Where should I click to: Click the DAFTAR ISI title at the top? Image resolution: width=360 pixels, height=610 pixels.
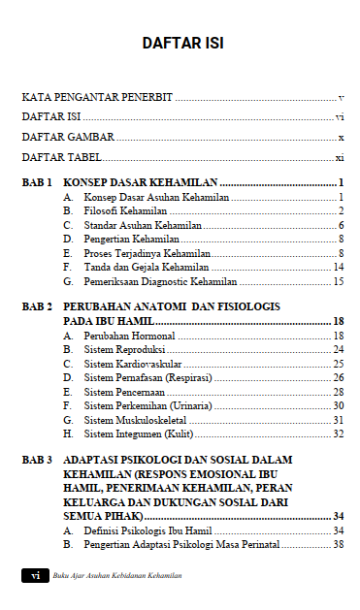182,44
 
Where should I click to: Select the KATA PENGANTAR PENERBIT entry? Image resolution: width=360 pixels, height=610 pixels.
97,98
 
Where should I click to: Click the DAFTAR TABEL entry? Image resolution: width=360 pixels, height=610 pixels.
62,156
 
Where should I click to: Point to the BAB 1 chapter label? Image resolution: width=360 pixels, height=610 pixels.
37,182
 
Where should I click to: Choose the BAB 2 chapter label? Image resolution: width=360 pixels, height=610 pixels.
37,306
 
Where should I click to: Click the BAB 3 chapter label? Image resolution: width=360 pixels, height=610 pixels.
37,459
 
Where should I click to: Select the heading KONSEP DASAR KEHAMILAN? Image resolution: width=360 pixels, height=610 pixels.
140,182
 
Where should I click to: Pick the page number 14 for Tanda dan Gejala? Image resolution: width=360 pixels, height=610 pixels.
339,267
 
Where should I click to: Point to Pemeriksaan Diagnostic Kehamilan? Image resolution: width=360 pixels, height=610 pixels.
160,281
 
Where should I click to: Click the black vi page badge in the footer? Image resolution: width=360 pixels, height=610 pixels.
35,576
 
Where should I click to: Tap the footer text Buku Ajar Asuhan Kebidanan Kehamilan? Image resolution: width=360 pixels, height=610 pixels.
117,576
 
